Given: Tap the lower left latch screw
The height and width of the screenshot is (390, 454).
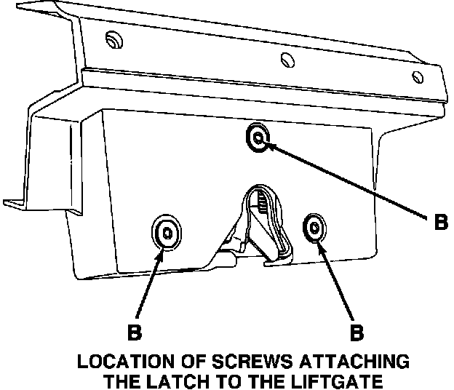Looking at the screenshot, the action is pyautogui.click(x=167, y=233).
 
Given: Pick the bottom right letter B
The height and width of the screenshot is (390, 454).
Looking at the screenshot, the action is pyautogui.click(x=357, y=333).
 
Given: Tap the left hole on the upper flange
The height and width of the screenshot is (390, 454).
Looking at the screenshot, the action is pyautogui.click(x=111, y=38).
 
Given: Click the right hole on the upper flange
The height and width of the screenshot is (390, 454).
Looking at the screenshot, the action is pyautogui.click(x=417, y=76).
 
